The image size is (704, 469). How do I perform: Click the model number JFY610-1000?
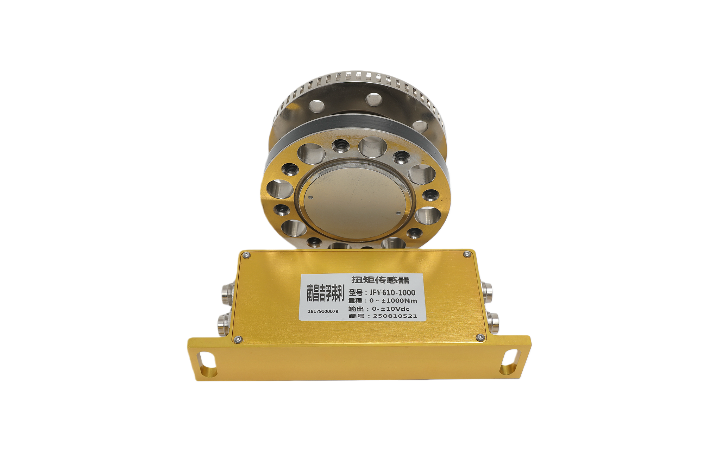click(392, 292)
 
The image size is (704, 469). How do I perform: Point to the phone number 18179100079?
click(323, 311)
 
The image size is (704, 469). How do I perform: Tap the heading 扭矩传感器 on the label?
click(381, 280)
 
